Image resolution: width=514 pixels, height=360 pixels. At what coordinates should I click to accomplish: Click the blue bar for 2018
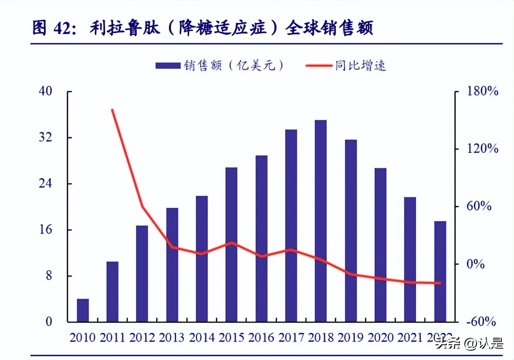[x=321, y=221]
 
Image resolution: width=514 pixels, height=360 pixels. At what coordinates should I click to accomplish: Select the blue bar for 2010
[x=83, y=310]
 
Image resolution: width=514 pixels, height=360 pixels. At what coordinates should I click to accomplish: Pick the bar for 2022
[x=440, y=271]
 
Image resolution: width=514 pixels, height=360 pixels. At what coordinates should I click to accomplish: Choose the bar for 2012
[x=142, y=274]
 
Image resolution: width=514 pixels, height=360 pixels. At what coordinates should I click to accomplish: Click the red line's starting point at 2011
[x=112, y=110]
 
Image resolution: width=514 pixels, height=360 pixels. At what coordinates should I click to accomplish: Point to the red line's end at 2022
[x=440, y=283]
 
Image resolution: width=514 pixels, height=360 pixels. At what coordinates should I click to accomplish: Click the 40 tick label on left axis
[x=46, y=91]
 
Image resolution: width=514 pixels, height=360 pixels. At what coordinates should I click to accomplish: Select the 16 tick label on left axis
[x=46, y=229]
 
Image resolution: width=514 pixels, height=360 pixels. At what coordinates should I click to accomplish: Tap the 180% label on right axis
[x=482, y=91]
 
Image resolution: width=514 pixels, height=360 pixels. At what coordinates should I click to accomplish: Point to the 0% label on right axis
[x=475, y=264]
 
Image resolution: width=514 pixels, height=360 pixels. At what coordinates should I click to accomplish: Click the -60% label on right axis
[x=481, y=321]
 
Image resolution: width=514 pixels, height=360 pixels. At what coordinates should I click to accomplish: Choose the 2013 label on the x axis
[x=172, y=337]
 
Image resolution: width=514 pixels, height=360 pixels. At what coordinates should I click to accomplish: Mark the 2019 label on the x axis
[x=350, y=337]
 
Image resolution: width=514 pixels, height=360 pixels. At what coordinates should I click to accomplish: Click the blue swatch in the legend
[x=168, y=66]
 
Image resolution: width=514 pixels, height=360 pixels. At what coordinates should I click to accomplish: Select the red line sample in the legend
[x=319, y=66]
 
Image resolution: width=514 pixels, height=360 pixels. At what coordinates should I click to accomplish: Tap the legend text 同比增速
[x=361, y=66]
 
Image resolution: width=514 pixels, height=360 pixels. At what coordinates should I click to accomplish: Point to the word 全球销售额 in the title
[x=329, y=28]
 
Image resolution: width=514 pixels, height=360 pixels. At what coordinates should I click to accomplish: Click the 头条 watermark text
[x=448, y=343]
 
